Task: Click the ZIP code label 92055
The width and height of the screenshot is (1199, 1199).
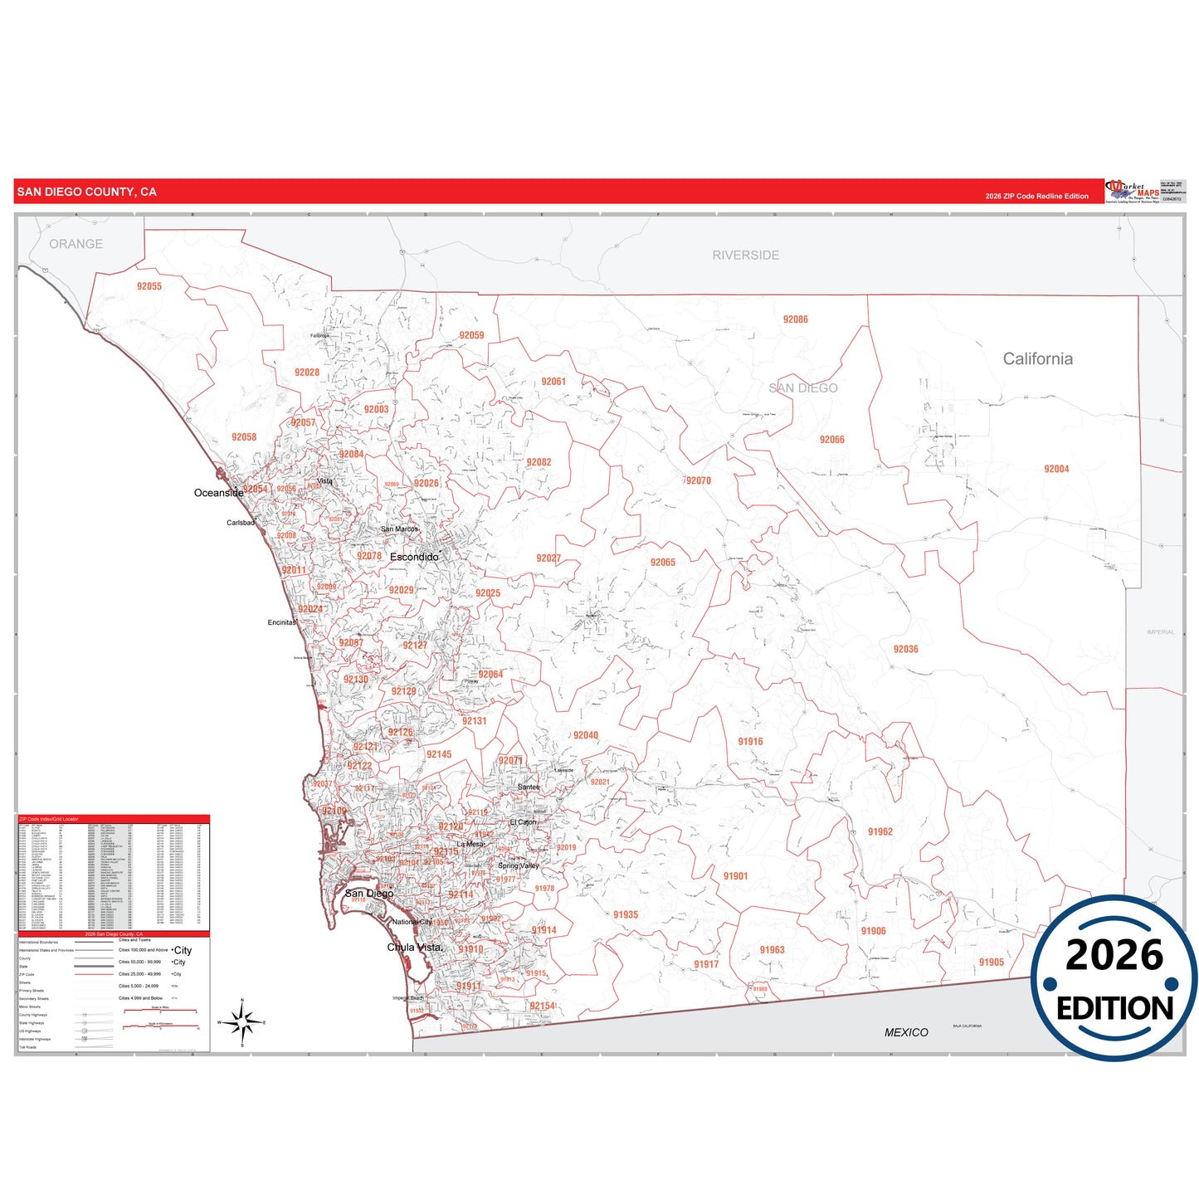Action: (149, 286)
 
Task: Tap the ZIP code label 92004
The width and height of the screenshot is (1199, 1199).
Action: (1056, 469)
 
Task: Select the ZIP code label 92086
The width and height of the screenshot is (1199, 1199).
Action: (795, 319)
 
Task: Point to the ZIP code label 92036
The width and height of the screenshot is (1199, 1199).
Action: (905, 649)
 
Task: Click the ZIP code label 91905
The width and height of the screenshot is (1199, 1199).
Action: (991, 963)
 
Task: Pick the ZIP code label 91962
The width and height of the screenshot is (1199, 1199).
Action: (880, 831)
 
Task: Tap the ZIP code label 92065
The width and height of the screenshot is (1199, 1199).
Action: (662, 563)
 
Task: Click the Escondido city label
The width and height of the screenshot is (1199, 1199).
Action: (414, 557)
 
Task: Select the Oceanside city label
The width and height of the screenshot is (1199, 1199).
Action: (218, 493)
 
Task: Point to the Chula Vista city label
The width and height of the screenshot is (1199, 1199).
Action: (415, 947)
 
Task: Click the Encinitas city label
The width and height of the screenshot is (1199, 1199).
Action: (282, 622)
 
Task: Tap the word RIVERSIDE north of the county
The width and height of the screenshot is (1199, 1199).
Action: (745, 256)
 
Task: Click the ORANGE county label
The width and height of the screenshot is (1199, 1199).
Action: (76, 244)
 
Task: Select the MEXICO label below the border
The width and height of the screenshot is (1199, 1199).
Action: (906, 1032)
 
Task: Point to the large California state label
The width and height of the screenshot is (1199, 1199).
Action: (1037, 358)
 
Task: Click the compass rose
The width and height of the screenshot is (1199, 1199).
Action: (242, 1022)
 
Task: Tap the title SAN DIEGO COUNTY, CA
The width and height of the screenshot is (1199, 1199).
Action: (86, 192)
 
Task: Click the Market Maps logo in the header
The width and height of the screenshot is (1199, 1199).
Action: (1132, 191)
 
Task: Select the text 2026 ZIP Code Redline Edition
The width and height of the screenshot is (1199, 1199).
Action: (1036, 197)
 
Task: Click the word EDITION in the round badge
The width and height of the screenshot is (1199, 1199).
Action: (1114, 1008)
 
